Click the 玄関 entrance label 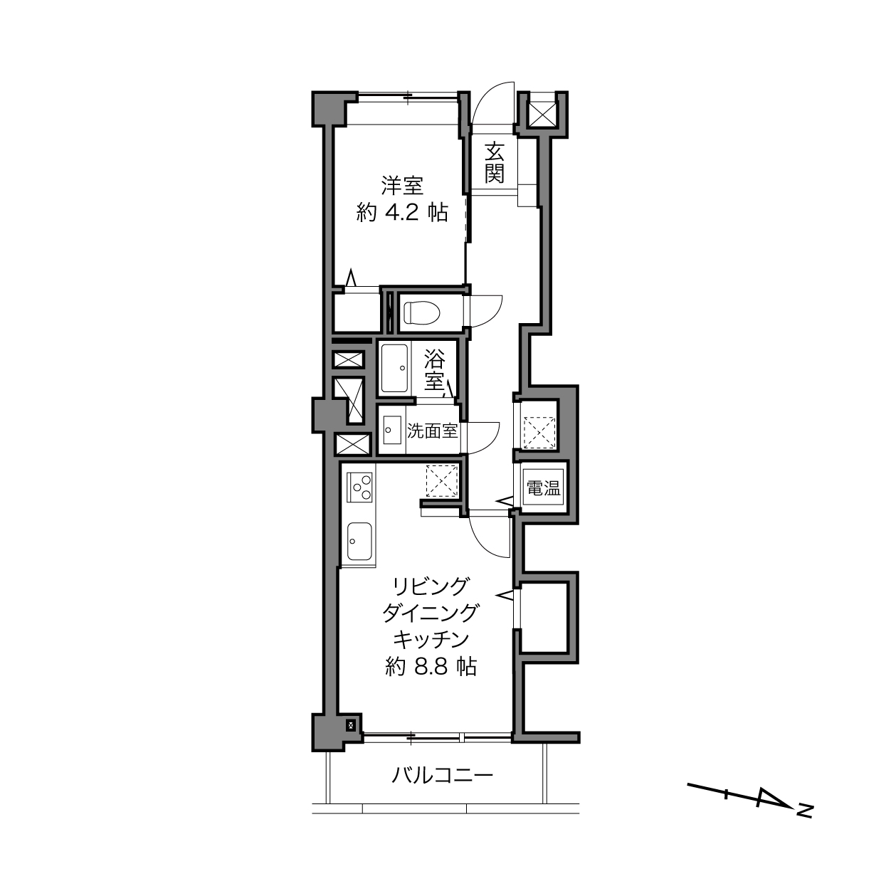tap(495, 162)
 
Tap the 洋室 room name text tap(402, 186)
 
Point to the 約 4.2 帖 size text tap(402, 213)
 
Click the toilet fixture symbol tap(421, 313)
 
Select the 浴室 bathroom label tap(435, 369)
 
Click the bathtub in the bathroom tap(394, 369)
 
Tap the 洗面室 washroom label tap(432, 431)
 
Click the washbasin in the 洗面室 tap(392, 430)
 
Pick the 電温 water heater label tap(544, 487)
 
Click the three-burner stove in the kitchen tap(359, 487)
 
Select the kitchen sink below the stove tap(359, 541)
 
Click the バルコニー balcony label tap(443, 775)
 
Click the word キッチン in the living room tap(431, 640)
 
